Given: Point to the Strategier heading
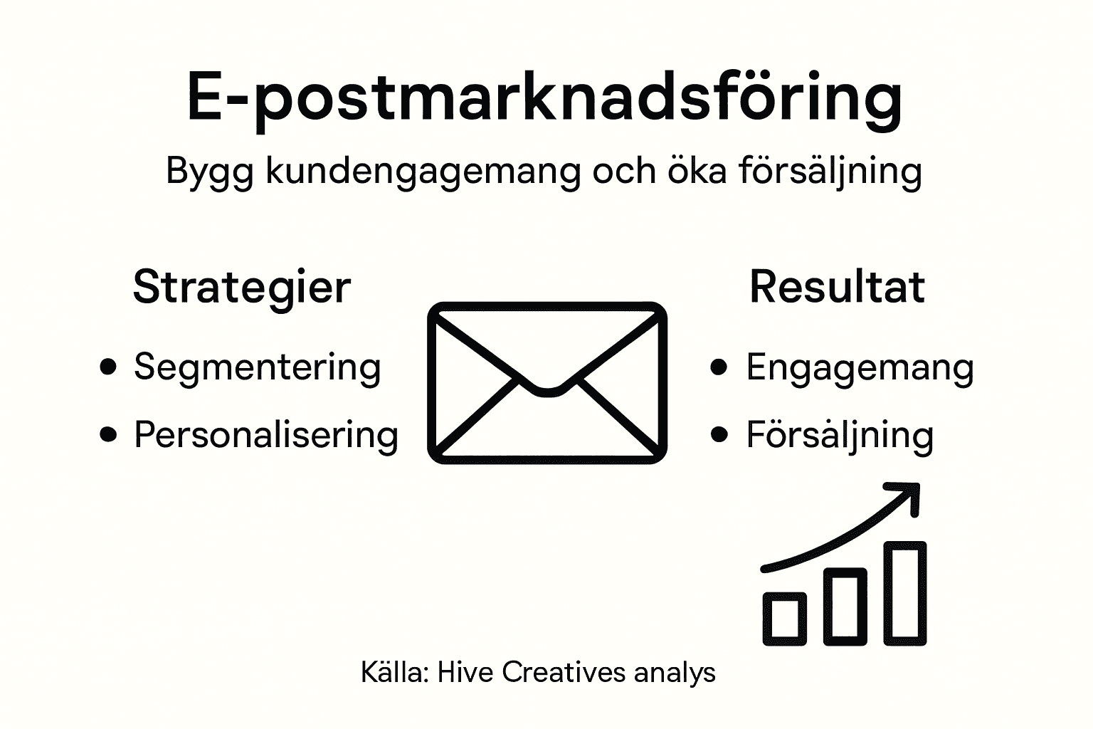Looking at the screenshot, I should (x=242, y=287).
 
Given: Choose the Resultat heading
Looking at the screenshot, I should (x=837, y=287).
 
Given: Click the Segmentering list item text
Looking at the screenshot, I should (x=258, y=368).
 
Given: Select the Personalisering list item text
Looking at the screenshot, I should (x=266, y=434).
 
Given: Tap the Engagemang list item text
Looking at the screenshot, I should (x=860, y=368).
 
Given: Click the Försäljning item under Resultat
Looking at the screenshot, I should (x=840, y=435).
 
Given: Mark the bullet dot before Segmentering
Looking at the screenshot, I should (x=108, y=367).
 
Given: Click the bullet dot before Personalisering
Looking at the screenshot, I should (x=108, y=434).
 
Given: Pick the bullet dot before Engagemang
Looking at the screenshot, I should (x=719, y=367).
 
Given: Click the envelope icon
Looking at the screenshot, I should (x=546, y=383).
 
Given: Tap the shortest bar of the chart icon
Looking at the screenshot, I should (x=784, y=618).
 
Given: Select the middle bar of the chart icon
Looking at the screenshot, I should (x=845, y=606).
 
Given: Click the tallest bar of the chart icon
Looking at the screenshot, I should (x=905, y=593).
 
